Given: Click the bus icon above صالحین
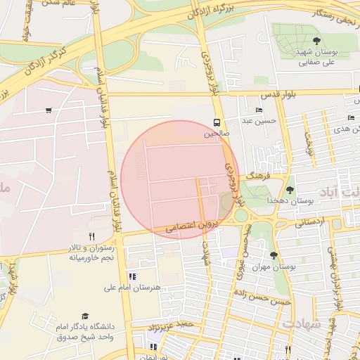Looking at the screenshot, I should click(217, 122).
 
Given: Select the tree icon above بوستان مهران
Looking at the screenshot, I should click(274, 255).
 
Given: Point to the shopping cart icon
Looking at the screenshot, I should click(48, 110).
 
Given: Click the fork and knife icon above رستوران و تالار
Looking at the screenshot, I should click(91, 237).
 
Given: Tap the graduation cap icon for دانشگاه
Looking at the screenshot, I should click(85, 316).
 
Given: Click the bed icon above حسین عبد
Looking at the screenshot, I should click(259, 110).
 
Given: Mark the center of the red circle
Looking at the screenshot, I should click(180, 180).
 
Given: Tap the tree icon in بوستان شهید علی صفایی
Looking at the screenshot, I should click(316, 41).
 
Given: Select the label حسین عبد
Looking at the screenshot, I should click(257, 121).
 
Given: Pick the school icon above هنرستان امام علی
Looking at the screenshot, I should click(132, 276).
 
